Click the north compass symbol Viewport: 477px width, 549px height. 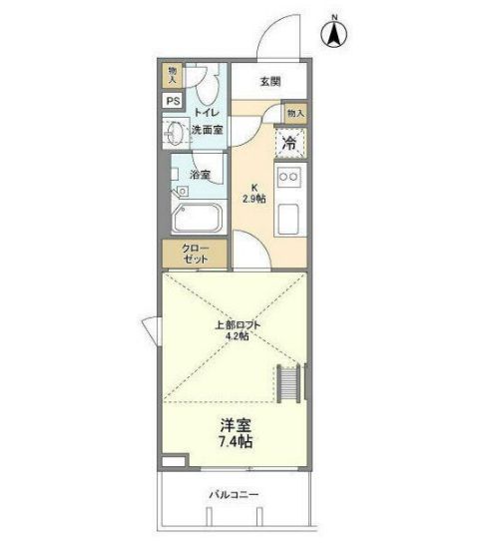(334, 32)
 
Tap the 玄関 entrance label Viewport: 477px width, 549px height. (270, 82)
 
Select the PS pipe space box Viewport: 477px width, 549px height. (174, 101)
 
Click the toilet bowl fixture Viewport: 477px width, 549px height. (208, 85)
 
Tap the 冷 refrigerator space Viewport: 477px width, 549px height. (290, 143)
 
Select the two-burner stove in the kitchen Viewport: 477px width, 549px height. (289, 177)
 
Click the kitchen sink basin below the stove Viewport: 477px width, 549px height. (288, 220)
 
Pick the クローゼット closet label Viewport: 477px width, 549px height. (196, 254)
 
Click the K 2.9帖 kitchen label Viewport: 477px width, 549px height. (254, 194)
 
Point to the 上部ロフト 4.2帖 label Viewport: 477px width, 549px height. (238, 330)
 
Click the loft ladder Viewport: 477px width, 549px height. (288, 383)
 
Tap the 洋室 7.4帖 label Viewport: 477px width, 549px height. (236, 433)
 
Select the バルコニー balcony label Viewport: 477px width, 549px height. (234, 495)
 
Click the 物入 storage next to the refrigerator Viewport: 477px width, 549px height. (295, 113)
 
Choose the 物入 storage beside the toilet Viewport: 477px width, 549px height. (173, 75)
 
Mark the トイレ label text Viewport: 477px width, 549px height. (207, 113)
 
